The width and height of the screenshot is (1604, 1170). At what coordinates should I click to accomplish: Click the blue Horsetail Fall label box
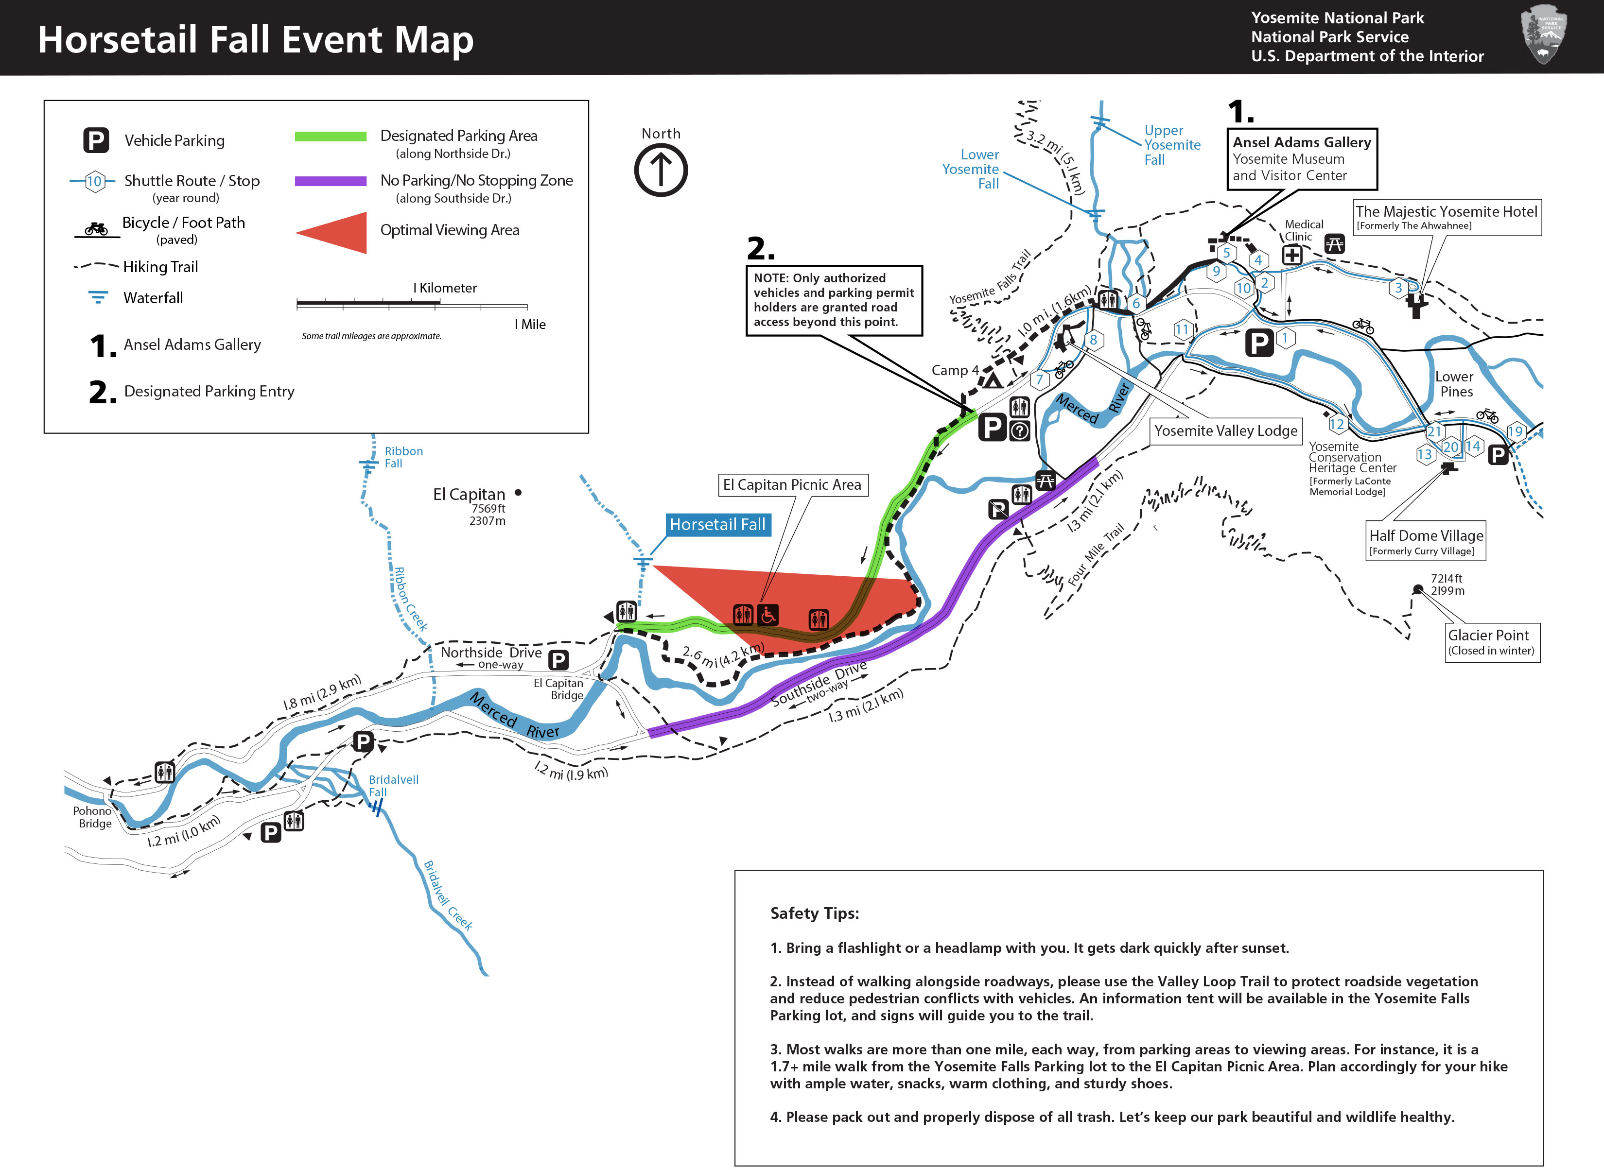tap(718, 525)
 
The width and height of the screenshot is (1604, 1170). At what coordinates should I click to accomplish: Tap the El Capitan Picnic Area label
tap(792, 485)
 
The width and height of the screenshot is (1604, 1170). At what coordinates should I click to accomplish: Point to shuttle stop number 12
tap(1337, 424)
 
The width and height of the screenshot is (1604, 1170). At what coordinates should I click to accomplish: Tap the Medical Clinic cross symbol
tap(1292, 255)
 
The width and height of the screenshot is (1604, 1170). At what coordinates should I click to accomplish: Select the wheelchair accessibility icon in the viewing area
tap(767, 615)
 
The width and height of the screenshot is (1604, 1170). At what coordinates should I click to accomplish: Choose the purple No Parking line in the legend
tap(331, 181)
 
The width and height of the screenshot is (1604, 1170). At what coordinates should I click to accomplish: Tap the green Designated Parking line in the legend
tap(331, 137)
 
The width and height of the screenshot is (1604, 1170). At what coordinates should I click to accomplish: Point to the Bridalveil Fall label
tap(393, 786)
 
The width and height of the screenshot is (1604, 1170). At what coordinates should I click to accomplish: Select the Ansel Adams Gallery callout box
tap(1302, 159)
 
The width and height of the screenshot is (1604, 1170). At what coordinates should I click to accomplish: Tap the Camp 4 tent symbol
tap(992, 380)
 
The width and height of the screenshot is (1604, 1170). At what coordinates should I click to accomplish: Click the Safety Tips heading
tap(815, 913)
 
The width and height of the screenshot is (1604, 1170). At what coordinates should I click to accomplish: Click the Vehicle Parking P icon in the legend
tap(96, 140)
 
